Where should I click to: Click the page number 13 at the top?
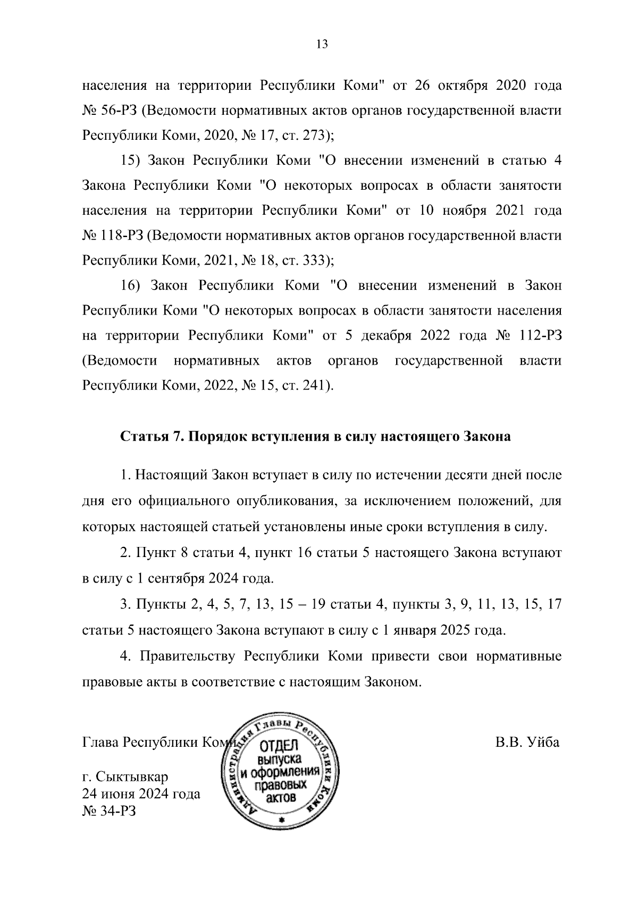point(322,44)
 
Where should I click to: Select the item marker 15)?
point(130,161)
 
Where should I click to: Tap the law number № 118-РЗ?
point(113,235)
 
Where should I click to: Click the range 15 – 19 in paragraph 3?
point(303,604)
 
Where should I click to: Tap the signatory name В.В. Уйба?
point(527,742)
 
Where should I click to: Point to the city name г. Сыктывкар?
point(125,778)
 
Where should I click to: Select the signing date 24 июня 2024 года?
point(141,794)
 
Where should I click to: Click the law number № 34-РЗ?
point(110,811)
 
